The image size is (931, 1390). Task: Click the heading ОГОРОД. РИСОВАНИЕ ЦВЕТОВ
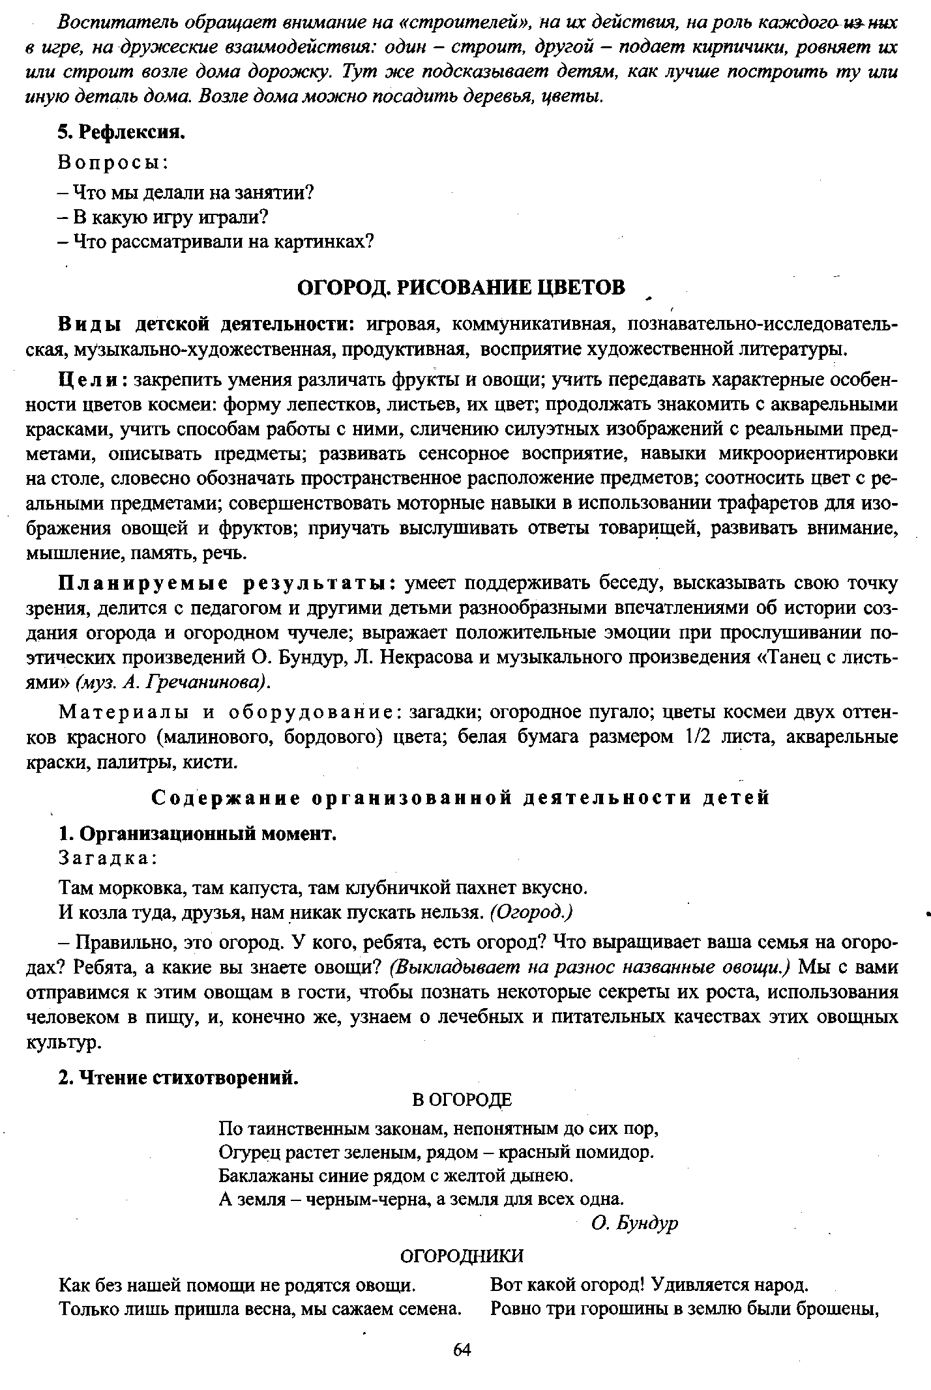(x=461, y=287)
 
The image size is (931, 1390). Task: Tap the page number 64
(x=461, y=1350)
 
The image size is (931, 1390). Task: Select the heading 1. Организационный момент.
(x=198, y=833)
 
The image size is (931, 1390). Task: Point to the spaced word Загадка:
(x=108, y=858)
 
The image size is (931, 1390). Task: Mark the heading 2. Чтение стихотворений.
(x=178, y=1078)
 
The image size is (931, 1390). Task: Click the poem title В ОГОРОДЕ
(x=463, y=1100)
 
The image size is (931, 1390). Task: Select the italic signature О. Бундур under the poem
(x=634, y=1224)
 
